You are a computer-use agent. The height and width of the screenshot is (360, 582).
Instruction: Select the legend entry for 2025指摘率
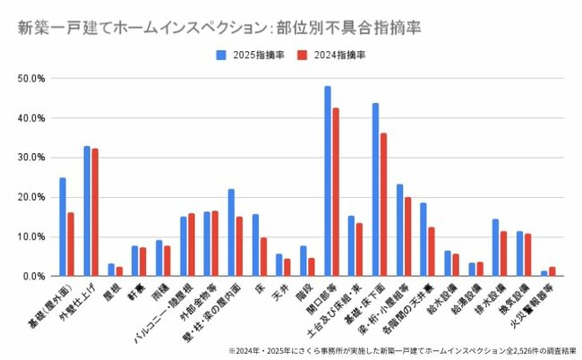[251, 55]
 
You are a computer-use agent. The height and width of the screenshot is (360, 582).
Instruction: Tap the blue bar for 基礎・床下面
[376, 189]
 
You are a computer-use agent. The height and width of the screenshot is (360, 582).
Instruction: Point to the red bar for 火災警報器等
[552, 271]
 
